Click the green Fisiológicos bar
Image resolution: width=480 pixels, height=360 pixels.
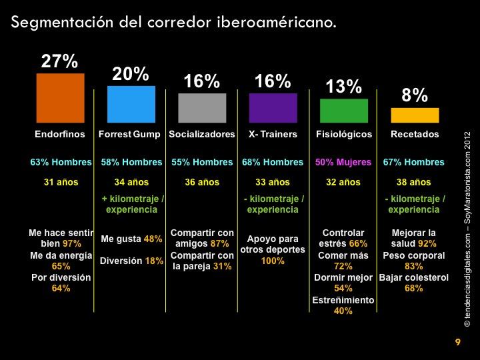(x=344, y=110)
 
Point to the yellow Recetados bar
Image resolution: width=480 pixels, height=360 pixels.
(x=415, y=115)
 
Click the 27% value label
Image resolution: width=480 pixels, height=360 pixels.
(x=60, y=61)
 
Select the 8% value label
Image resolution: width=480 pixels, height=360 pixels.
(x=415, y=95)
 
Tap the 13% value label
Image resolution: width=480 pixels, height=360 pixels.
(x=344, y=87)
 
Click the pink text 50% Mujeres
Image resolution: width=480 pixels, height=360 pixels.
(x=344, y=162)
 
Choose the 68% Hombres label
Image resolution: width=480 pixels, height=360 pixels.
(x=273, y=162)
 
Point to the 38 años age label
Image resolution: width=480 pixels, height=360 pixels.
(x=415, y=182)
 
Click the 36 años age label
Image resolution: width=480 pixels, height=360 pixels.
(x=202, y=182)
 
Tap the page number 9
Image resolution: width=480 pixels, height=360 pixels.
(x=457, y=343)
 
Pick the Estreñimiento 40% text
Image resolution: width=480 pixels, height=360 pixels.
(x=344, y=305)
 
